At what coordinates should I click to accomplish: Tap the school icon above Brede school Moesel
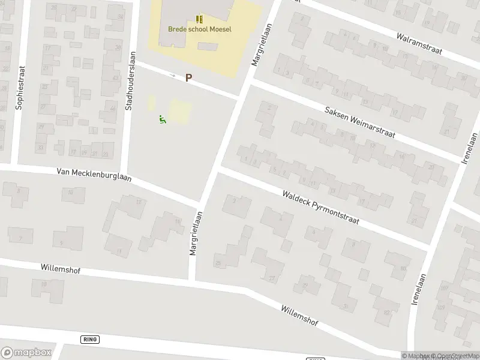199,19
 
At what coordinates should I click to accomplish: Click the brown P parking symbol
188,77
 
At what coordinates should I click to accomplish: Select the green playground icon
162,120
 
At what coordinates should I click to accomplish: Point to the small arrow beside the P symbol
173,76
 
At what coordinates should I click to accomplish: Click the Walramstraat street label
419,43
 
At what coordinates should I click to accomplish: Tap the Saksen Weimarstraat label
359,122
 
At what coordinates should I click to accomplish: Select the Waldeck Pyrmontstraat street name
320,207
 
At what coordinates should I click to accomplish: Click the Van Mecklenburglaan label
94,175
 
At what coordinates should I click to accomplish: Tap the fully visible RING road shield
89,340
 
